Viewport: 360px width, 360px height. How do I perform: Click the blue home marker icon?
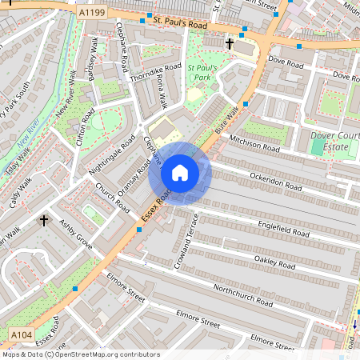pyautogui.click(x=180, y=172)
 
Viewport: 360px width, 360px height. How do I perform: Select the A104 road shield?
pyautogui.click(x=22, y=333)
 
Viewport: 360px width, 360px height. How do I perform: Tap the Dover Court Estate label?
pyautogui.click(x=334, y=142)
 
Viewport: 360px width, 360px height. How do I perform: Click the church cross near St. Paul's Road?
pyautogui.click(x=230, y=42)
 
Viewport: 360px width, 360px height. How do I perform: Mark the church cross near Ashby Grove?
pyautogui.click(x=44, y=220)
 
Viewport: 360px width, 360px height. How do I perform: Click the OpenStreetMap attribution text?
pyautogui.click(x=80, y=354)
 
